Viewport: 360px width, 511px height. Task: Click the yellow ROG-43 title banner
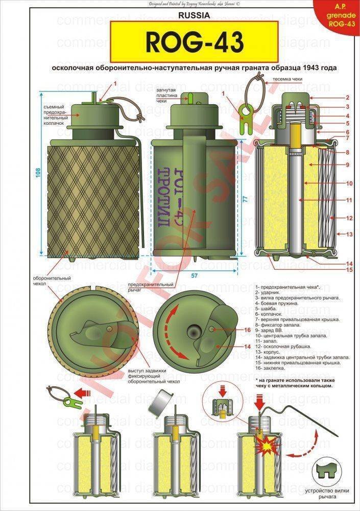pyautogui.click(x=194, y=42)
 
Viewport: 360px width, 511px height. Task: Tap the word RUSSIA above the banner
pyautogui.click(x=194, y=15)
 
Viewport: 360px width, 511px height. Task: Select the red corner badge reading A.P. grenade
pyautogui.click(x=341, y=15)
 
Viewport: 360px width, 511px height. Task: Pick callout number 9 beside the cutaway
pyautogui.click(x=347, y=165)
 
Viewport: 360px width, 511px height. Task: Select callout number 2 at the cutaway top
pyautogui.click(x=347, y=97)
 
